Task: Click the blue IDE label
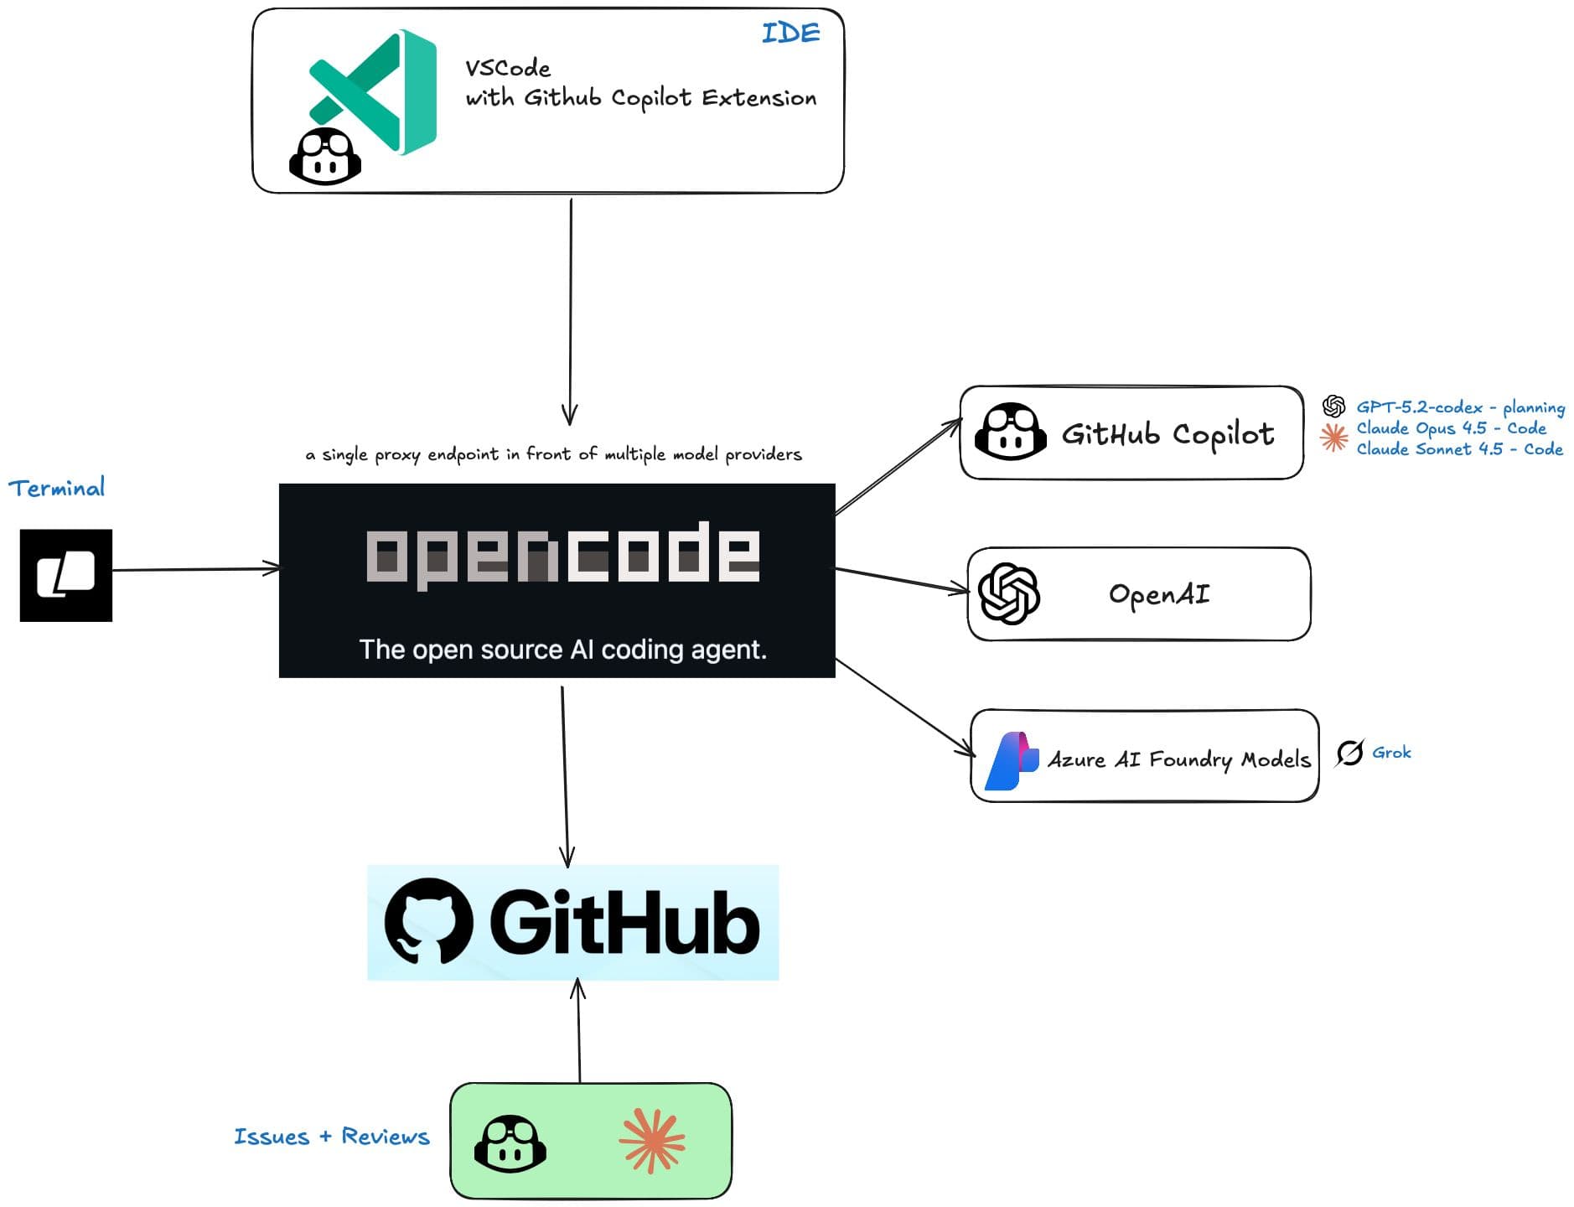click(x=790, y=34)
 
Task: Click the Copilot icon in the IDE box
click(x=324, y=157)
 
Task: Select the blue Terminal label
click(x=57, y=488)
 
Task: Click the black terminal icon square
click(x=66, y=575)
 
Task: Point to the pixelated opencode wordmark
click(x=562, y=554)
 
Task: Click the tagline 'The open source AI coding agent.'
click(x=562, y=650)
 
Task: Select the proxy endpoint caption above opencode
click(x=553, y=454)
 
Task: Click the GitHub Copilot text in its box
click(x=1168, y=433)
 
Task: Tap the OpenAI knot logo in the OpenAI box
click(x=1009, y=593)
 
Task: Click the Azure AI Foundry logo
click(x=1012, y=760)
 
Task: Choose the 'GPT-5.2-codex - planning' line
click(x=1460, y=407)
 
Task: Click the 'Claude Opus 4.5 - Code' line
click(x=1451, y=428)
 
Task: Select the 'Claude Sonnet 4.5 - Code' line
click(x=1459, y=449)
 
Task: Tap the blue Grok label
click(x=1390, y=753)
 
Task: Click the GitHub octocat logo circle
click(x=428, y=921)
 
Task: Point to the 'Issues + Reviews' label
click(x=331, y=1137)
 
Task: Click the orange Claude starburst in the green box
click(x=652, y=1140)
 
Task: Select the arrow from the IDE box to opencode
click(x=570, y=310)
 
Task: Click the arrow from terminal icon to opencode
click(x=195, y=570)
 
